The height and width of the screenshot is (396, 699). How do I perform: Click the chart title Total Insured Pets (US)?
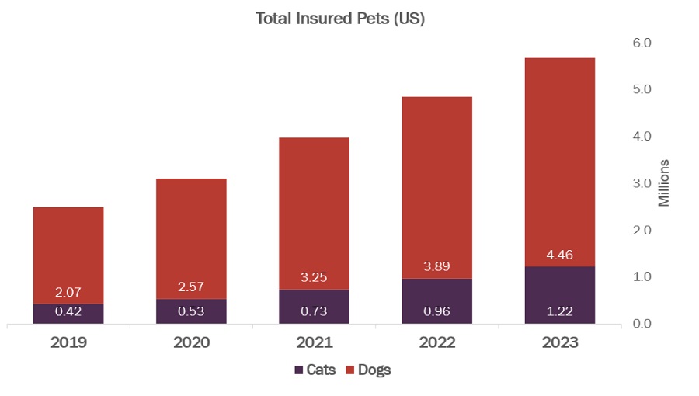340,19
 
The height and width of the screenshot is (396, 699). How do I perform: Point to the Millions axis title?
664,183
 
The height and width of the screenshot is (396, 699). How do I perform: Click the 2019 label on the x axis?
68,342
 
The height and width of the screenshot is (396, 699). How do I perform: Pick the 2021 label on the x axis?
314,342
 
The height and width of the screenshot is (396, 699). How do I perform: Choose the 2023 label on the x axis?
559,342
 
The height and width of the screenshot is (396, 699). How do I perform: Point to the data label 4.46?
559,255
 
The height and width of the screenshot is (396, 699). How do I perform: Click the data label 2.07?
68,293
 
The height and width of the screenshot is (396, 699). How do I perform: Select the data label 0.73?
314,311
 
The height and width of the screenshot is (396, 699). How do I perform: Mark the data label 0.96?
436,311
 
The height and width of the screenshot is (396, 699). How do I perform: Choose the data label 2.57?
191,287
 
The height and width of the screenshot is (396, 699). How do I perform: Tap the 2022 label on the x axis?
436,342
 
